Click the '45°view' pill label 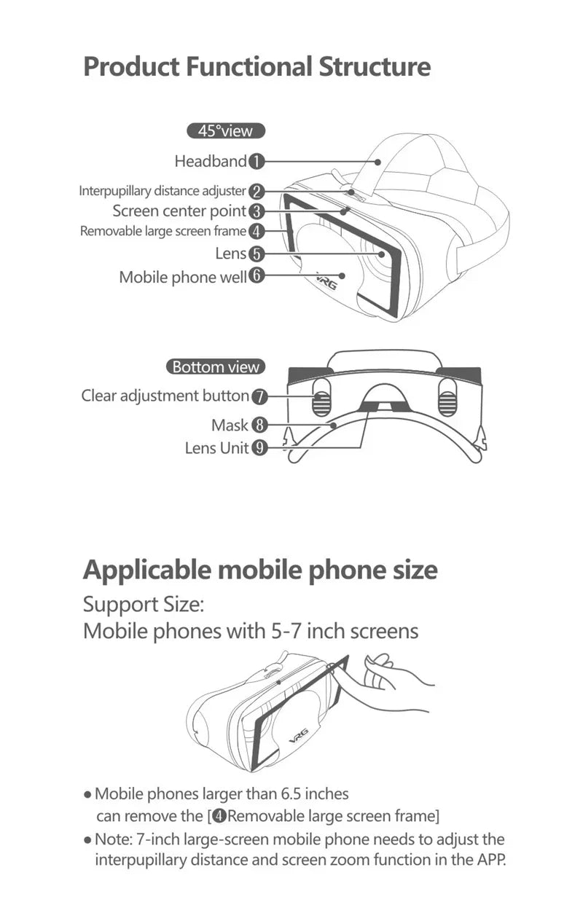click(x=225, y=131)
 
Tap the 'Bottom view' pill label click(x=215, y=366)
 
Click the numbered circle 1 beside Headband click(x=257, y=162)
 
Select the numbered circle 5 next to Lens click(x=257, y=254)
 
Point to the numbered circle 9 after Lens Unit click(x=259, y=448)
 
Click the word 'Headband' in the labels click(x=211, y=161)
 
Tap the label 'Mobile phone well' click(x=182, y=277)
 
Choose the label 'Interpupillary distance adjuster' click(x=162, y=192)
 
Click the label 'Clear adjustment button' click(x=165, y=396)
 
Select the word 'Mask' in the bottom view click(x=230, y=425)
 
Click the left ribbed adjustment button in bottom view click(x=322, y=399)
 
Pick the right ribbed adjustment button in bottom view click(x=447, y=399)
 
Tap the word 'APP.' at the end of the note click(x=488, y=860)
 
